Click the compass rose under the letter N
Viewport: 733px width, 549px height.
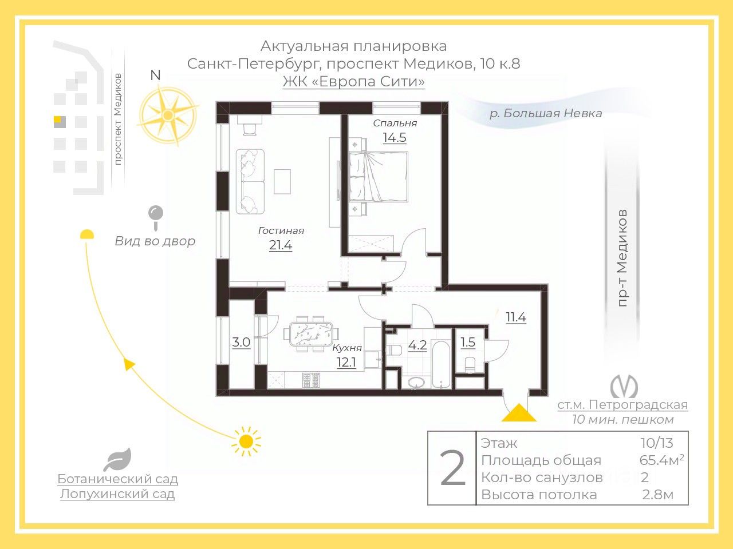pos(167,115)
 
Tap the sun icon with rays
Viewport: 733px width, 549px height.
pos(246,441)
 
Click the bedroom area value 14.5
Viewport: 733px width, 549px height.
pos(395,138)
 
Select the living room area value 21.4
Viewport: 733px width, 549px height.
pos(281,245)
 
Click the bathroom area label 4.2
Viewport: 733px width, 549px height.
pos(417,345)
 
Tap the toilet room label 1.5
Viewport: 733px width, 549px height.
pos(468,343)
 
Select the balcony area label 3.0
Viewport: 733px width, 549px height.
pos(241,343)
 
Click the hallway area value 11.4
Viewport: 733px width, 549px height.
pos(515,317)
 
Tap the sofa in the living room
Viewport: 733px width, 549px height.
pos(250,181)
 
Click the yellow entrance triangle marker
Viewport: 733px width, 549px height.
pos(519,413)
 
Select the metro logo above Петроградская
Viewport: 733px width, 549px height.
pos(624,387)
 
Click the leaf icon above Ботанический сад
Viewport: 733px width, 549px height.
pos(118,460)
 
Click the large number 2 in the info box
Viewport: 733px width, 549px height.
pos(452,468)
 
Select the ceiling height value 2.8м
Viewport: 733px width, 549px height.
pos(658,495)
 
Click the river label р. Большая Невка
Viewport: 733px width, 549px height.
pos(545,113)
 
